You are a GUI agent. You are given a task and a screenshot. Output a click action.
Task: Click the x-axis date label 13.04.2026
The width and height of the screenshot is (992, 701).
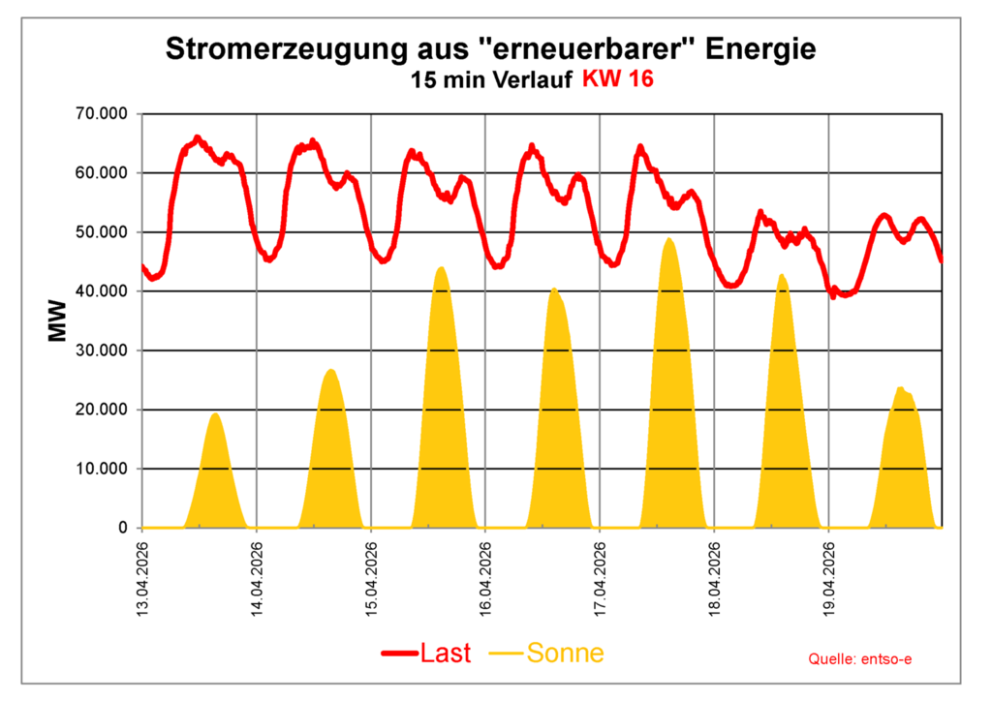(x=142, y=578)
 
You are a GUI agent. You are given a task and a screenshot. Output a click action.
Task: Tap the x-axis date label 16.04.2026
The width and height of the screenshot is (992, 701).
(x=485, y=578)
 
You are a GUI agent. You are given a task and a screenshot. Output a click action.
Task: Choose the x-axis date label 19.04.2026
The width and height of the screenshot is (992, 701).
(x=828, y=578)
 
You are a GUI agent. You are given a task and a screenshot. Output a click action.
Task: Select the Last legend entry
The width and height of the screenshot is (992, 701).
(x=426, y=654)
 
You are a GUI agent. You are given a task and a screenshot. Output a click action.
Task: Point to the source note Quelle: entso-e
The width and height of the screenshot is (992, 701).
(x=860, y=659)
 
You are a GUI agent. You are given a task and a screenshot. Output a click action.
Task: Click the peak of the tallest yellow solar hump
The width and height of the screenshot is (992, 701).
(x=669, y=239)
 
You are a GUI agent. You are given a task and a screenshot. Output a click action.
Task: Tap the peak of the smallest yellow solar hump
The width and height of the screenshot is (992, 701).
(x=215, y=414)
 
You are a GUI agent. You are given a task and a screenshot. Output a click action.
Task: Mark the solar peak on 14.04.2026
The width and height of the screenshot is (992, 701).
(x=330, y=370)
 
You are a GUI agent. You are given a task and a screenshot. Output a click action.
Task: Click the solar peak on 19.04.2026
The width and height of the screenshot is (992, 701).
(x=901, y=388)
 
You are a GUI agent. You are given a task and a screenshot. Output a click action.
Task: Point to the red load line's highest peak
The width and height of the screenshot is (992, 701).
(x=197, y=137)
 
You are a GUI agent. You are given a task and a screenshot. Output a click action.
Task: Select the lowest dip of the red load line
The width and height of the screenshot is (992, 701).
(x=833, y=296)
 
